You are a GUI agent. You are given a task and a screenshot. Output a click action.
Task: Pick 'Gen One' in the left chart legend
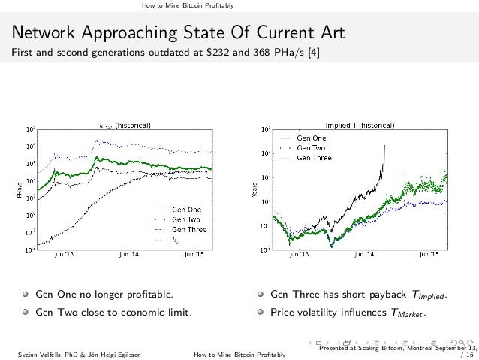pyautogui.click(x=188, y=208)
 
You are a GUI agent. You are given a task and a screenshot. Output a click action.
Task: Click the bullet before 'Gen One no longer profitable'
pyautogui.click(x=24, y=293)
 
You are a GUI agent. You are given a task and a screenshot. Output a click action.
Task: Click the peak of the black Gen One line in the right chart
pyautogui.click(x=385, y=146)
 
